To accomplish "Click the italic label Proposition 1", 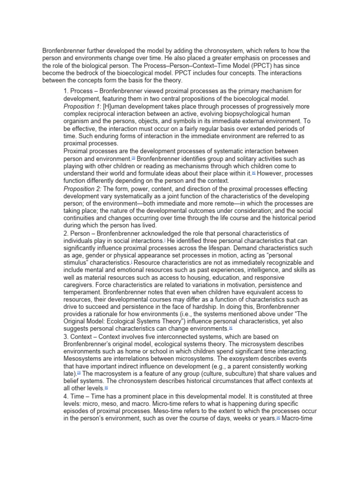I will [82, 106].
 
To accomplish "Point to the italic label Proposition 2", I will [82, 188].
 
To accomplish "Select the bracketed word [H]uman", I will [118, 106].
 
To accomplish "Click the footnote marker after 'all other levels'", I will [106, 388].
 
